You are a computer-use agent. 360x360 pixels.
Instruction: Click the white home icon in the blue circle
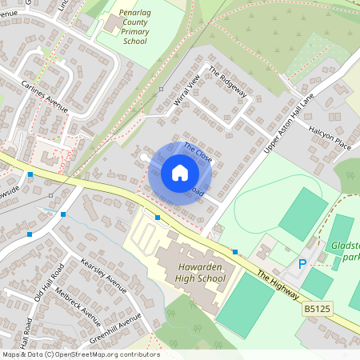point(180,172)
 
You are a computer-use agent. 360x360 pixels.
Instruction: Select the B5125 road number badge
point(316,307)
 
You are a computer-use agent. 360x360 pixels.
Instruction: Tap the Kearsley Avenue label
point(103,277)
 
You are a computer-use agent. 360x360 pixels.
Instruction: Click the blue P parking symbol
point(302,264)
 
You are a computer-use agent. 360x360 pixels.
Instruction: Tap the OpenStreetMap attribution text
point(80,354)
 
